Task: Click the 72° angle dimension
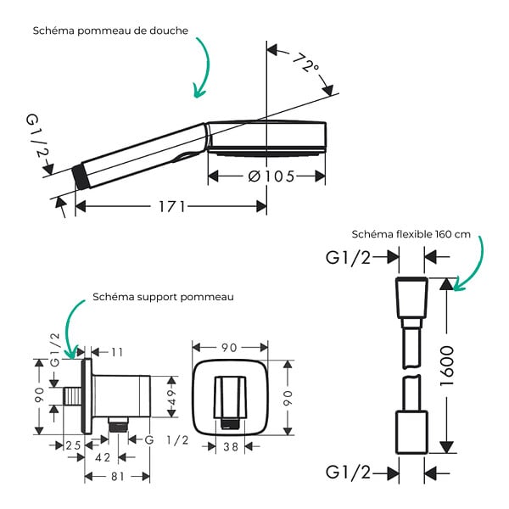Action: [x=305, y=62]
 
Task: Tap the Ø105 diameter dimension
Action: [x=271, y=176]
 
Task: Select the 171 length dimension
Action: [x=171, y=206]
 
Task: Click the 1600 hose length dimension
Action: [x=447, y=366]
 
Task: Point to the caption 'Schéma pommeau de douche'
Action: [x=110, y=31]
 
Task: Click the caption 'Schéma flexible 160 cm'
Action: [x=411, y=234]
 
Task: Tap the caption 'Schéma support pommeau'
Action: [x=163, y=297]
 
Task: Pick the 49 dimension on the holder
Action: [x=171, y=397]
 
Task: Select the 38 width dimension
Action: [x=231, y=447]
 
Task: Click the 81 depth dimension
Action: [x=118, y=477]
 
